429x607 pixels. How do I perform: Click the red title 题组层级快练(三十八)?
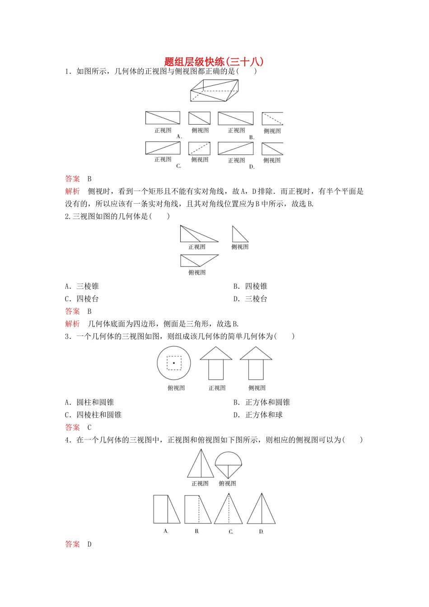click(214, 62)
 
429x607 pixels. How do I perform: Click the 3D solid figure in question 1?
click(214, 91)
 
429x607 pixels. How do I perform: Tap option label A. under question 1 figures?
click(179, 136)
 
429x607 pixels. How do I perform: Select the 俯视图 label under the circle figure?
click(176, 388)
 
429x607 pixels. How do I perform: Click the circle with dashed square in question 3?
click(174, 363)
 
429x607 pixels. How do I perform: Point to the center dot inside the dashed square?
click(174, 363)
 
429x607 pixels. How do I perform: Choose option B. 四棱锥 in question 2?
click(251, 286)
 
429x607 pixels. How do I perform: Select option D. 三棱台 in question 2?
click(251, 299)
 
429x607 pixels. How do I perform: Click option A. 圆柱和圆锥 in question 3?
click(89, 402)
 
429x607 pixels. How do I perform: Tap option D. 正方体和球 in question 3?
click(258, 415)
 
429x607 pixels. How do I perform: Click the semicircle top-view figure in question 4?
click(228, 464)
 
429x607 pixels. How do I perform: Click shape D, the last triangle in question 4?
click(261, 509)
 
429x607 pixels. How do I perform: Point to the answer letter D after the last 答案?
click(89, 544)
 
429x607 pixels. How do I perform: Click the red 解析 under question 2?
click(72, 324)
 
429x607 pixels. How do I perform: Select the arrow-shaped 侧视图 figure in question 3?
click(256, 363)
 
